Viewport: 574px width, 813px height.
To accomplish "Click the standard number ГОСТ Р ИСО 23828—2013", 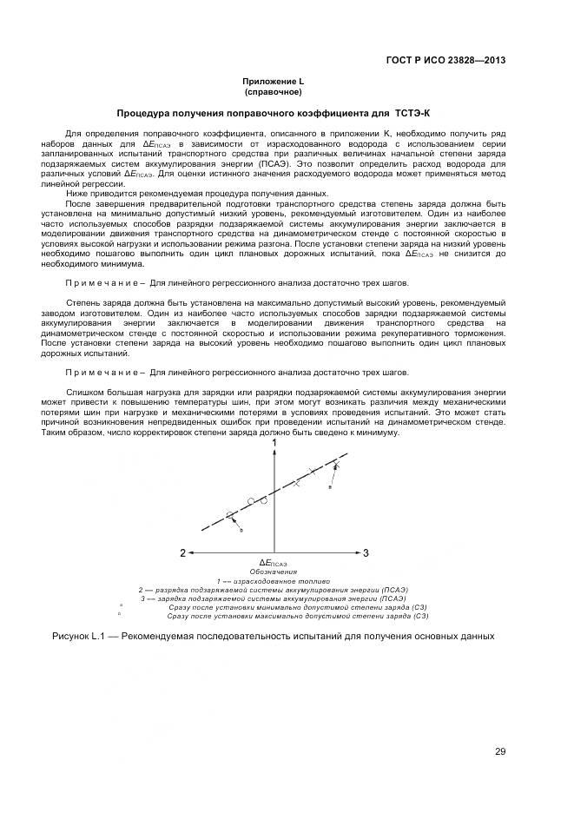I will coord(445,60).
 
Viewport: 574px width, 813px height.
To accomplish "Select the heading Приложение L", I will coord(273,81).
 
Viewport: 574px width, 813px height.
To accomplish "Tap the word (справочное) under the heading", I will coord(273,91).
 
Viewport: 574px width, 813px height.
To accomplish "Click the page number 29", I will coord(500,751).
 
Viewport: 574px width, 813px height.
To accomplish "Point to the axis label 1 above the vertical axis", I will coord(274,444).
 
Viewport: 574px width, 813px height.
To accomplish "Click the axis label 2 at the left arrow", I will coord(182,552).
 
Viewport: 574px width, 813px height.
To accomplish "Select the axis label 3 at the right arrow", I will coord(366,552).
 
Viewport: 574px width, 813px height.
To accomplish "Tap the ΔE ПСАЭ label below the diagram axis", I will coord(273,563).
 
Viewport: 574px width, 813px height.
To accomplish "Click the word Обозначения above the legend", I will coord(273,572).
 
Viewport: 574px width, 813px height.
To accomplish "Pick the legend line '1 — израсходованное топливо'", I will coord(273,581).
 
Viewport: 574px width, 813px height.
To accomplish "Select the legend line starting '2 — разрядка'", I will coord(273,590).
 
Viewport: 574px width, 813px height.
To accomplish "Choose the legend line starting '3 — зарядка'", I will coord(273,598).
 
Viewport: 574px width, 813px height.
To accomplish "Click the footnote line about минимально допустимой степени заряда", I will coord(297,607).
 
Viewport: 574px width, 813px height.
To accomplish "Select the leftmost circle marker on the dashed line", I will coord(231,515).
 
